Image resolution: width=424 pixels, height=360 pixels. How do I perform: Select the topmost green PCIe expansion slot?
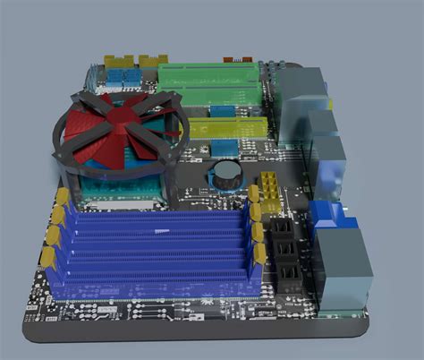[x=209, y=72]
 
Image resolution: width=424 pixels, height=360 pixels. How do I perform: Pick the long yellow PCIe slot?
[x=227, y=127]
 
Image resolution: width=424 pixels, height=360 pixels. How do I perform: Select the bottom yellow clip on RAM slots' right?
[x=259, y=256]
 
